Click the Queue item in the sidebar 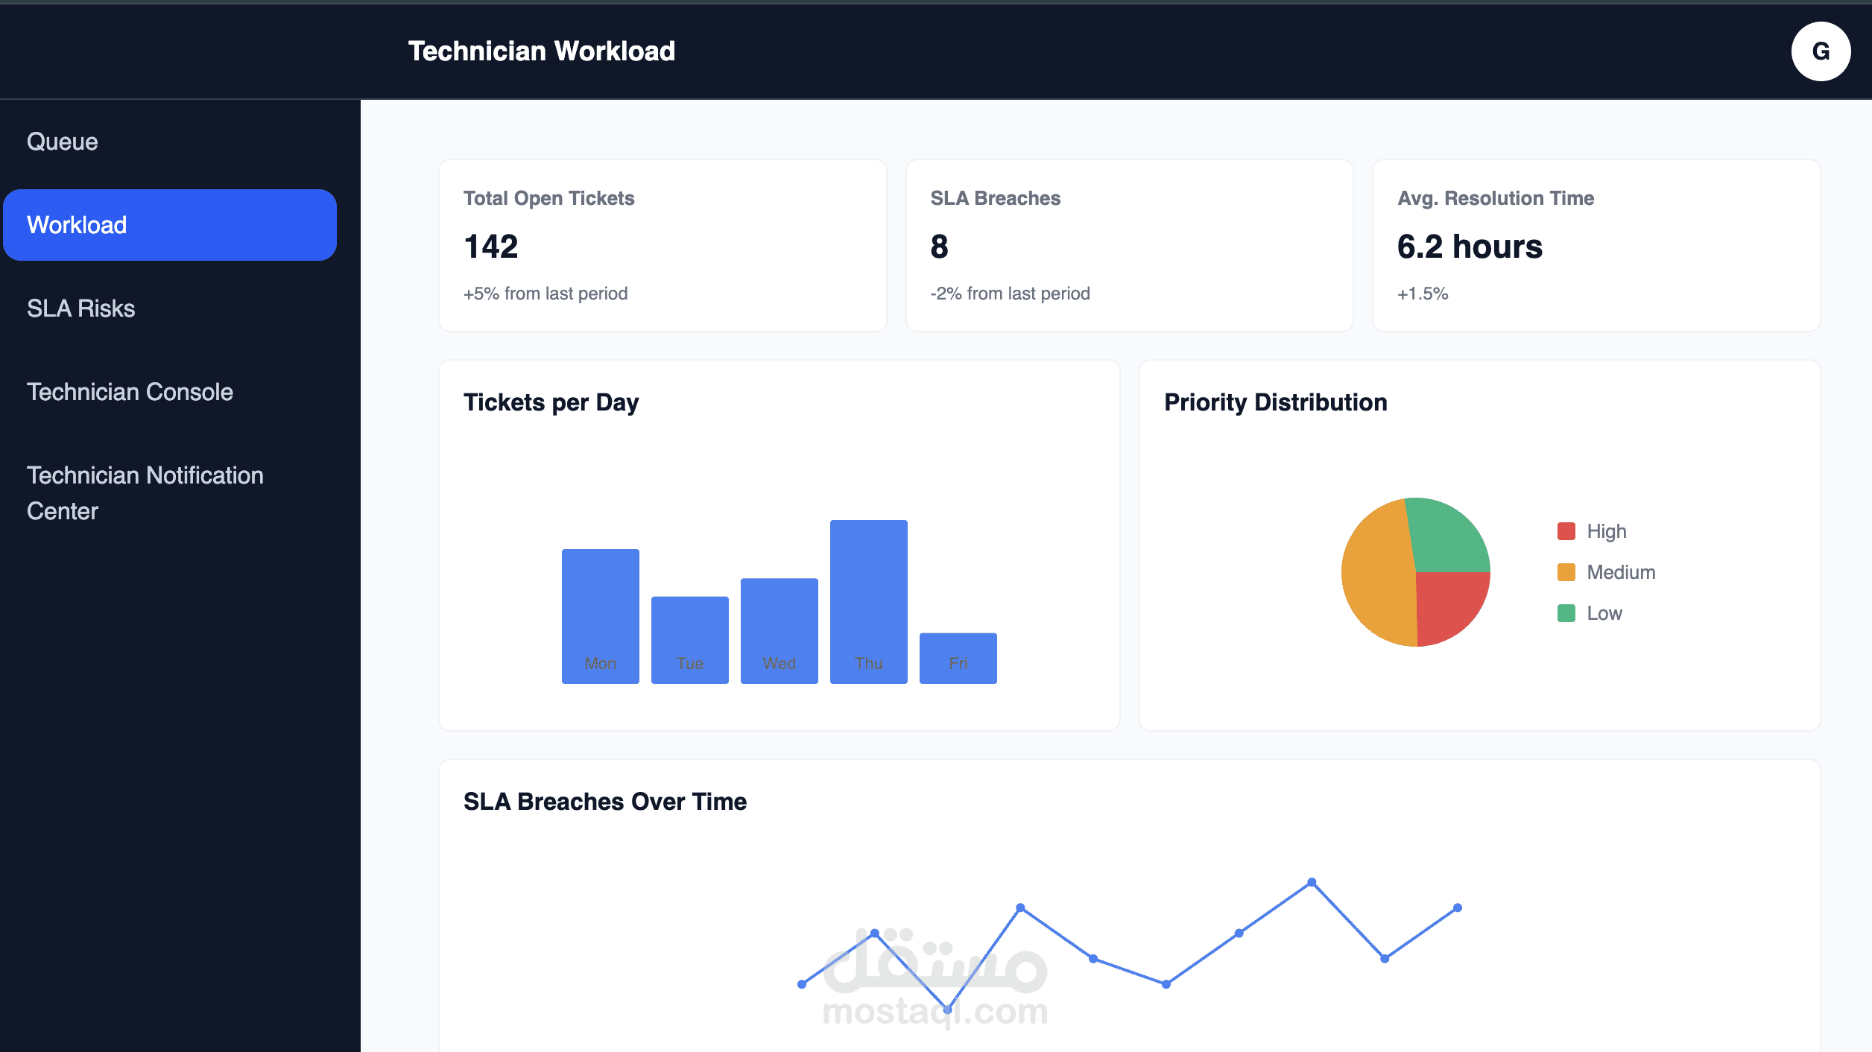click(x=63, y=142)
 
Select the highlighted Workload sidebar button click(x=170, y=225)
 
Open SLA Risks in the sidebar click(x=81, y=308)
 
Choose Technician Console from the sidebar click(x=130, y=392)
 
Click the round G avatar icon click(x=1821, y=51)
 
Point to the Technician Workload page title click(x=541, y=51)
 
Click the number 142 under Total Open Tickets click(x=490, y=247)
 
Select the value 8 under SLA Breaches click(x=939, y=247)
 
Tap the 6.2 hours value click(x=1470, y=247)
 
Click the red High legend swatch click(x=1566, y=531)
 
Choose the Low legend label click(x=1604, y=613)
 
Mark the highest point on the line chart click(x=1312, y=882)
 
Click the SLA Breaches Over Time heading click(x=604, y=802)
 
